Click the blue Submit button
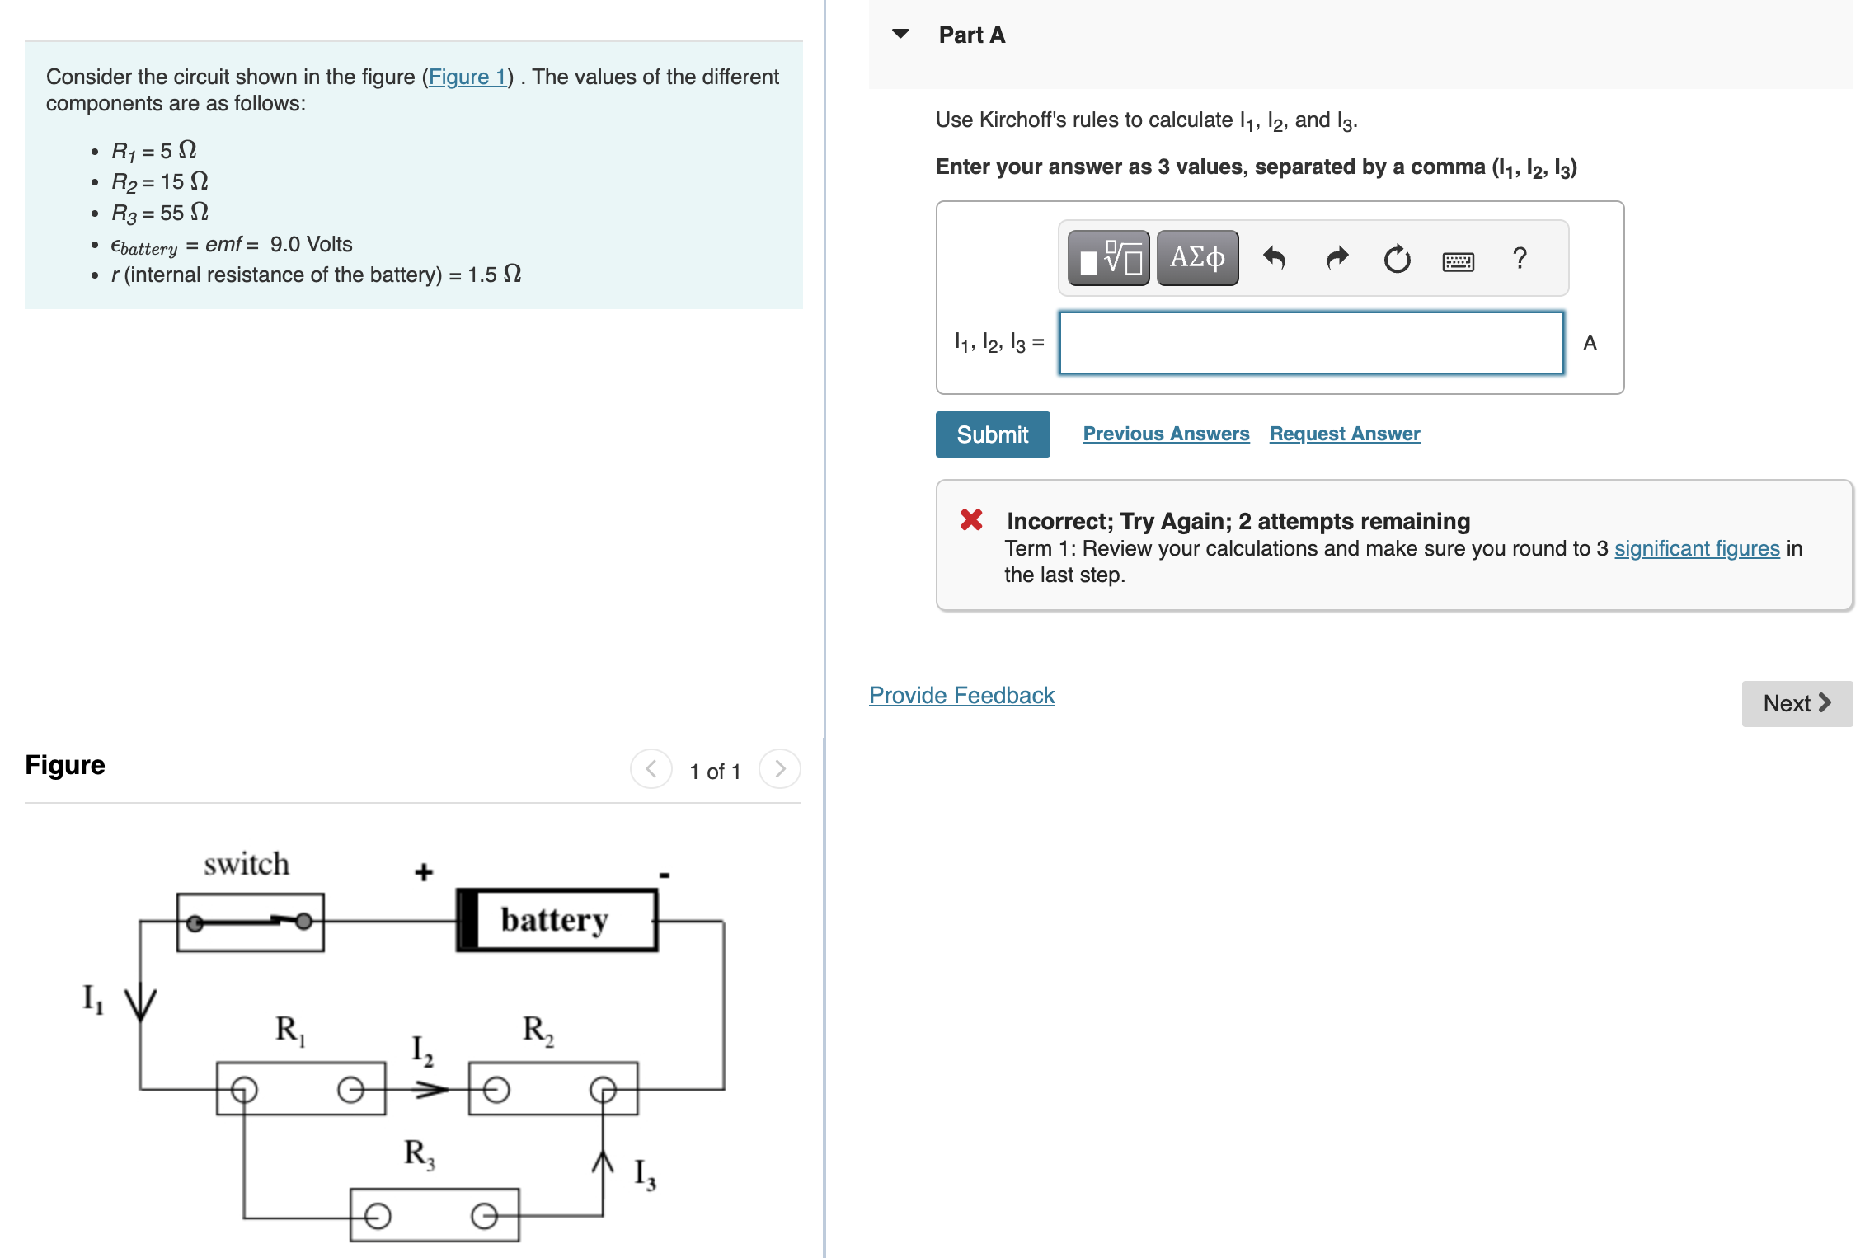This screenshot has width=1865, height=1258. (992, 434)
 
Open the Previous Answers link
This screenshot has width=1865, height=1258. (1165, 434)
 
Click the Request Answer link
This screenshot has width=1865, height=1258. (1344, 434)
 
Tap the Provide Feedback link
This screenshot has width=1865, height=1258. (961, 695)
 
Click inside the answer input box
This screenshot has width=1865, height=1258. (1311, 343)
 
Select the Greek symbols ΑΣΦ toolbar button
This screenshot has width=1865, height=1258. (1197, 258)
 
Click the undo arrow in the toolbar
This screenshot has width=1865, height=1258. (1274, 259)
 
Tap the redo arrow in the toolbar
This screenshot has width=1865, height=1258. (1337, 259)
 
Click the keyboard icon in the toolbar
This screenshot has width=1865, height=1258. (1458, 261)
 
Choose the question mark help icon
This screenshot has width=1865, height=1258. (1520, 259)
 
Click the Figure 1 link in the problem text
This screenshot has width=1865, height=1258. (467, 77)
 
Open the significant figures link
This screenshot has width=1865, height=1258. (1696, 548)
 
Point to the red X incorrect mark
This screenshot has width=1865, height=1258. (971, 519)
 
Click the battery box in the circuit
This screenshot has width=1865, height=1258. (557, 920)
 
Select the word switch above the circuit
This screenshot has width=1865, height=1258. (247, 864)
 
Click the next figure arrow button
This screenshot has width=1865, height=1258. (779, 769)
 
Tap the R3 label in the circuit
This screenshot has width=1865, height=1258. (419, 1153)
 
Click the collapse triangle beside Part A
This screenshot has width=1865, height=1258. (900, 34)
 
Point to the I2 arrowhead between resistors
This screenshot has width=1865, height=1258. (432, 1090)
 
